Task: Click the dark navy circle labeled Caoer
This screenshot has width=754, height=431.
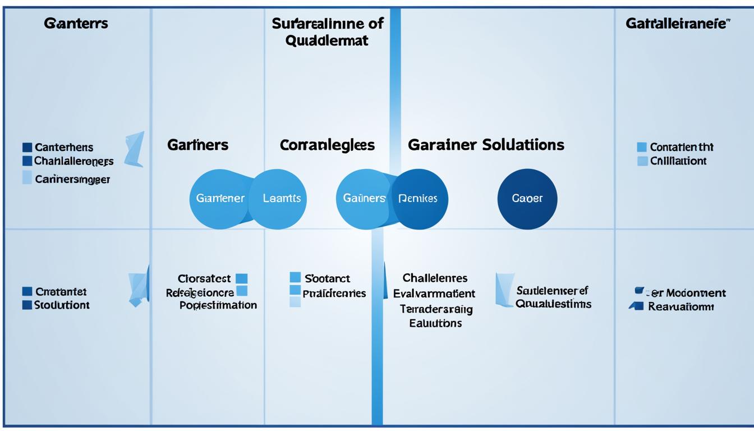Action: click(x=527, y=199)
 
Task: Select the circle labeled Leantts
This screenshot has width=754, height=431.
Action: click(x=282, y=199)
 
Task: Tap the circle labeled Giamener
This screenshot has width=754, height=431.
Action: click(x=219, y=199)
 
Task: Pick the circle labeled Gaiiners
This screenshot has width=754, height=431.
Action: click(x=364, y=199)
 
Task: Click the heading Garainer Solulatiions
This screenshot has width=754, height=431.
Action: click(x=486, y=145)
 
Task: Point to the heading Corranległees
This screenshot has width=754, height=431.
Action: click(x=327, y=145)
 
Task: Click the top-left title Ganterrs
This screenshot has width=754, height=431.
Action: click(x=76, y=24)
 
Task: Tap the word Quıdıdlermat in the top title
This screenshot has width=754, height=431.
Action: click(x=327, y=41)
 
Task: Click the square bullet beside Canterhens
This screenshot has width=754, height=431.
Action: click(x=27, y=148)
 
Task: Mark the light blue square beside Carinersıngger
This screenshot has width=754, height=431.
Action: click(x=27, y=178)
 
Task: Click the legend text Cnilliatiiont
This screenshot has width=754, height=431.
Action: click(x=678, y=161)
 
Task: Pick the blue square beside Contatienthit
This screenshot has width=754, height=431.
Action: click(x=642, y=148)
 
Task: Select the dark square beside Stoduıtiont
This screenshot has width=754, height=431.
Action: click(x=27, y=305)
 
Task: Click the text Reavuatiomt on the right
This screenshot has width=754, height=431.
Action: click(x=681, y=307)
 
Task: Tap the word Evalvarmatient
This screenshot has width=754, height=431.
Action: click(x=434, y=294)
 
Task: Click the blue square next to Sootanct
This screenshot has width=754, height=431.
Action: click(x=295, y=277)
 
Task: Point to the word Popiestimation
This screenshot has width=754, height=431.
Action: click(x=218, y=305)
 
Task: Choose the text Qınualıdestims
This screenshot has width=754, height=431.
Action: click(x=553, y=304)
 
